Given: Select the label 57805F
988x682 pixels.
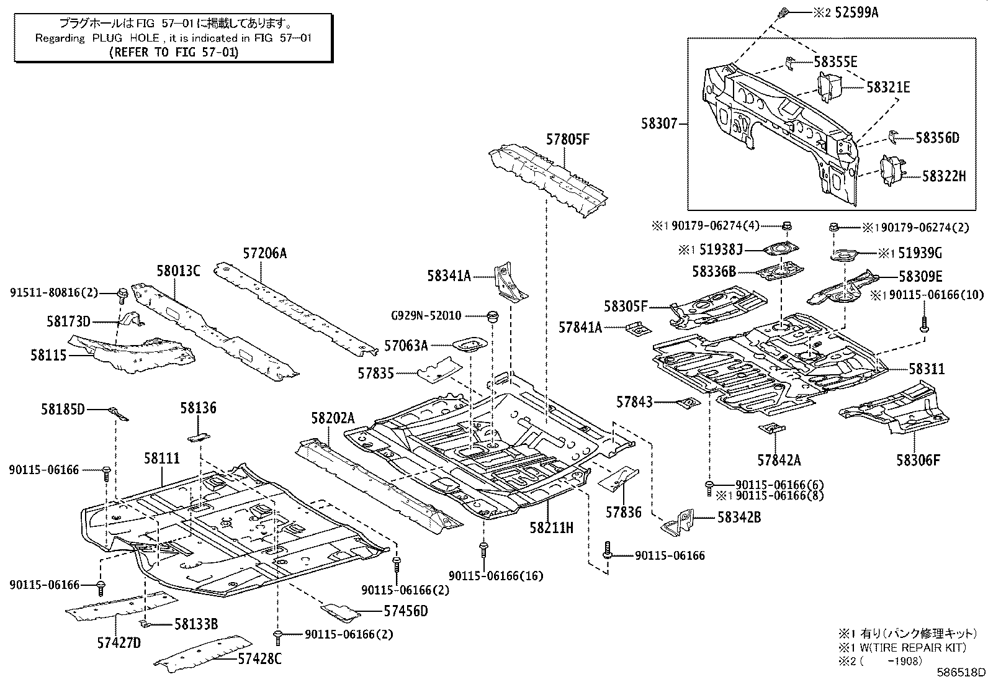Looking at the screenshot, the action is pos(568,140).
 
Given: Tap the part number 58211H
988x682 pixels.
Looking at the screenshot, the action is pos(551,527).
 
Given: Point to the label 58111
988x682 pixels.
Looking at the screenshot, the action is pos(162,459).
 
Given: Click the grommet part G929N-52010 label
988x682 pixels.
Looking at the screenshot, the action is pos(426,315).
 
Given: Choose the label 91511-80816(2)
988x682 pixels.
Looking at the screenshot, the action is pos(54,292).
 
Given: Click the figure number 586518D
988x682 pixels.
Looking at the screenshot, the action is pos(961,672).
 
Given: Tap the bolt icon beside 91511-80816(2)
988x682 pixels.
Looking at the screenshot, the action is pos(121,295).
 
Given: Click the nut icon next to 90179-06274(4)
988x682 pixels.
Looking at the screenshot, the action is pos(786,226).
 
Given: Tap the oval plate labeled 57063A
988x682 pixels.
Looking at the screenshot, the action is pos(470,344).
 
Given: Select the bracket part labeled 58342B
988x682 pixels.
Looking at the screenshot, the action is pos(678,523).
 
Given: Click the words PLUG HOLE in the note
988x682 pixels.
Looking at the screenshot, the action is pos(126,38).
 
